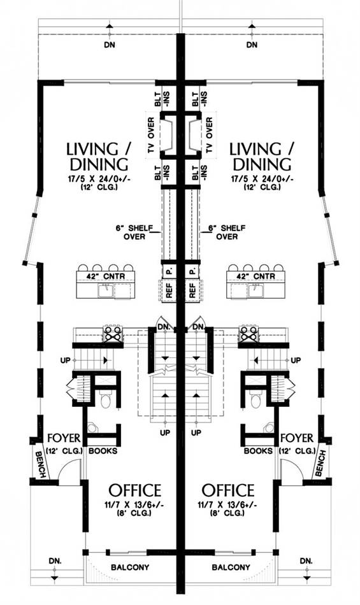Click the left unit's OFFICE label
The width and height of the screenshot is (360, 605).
point(134,490)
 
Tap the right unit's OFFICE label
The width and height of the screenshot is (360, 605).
point(228,490)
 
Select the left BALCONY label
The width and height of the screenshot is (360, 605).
point(130,567)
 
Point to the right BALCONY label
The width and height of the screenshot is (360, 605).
point(231,567)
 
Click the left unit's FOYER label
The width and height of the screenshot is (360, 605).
point(64,438)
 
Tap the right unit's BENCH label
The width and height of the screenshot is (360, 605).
point(320,462)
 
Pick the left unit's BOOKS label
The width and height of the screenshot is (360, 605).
point(103,451)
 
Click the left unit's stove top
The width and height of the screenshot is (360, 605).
point(113,334)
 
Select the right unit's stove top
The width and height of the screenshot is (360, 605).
point(248,334)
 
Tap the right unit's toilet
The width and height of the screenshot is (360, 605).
point(256,401)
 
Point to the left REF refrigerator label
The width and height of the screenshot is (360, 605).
point(169,290)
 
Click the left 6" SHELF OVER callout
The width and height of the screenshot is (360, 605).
point(134,232)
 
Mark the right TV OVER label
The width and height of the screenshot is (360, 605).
point(210,135)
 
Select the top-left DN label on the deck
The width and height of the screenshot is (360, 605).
point(110,45)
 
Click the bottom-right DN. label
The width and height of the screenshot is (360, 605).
point(306,560)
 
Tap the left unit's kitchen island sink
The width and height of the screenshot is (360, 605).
point(106,290)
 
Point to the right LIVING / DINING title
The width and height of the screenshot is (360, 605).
point(262,156)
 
